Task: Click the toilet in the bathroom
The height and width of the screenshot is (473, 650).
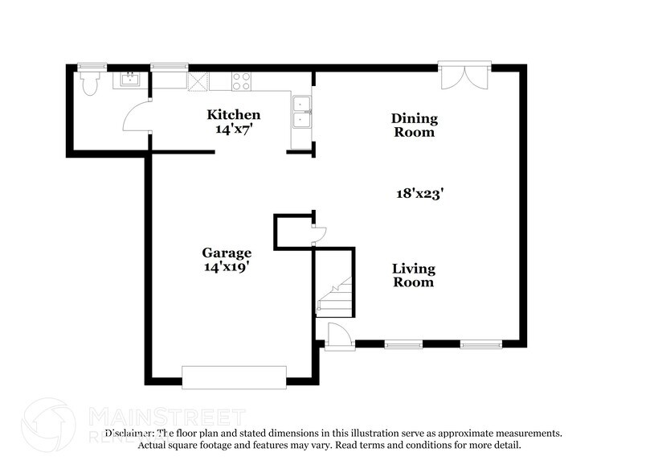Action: tap(88, 83)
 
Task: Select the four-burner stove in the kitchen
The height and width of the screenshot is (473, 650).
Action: tap(241, 80)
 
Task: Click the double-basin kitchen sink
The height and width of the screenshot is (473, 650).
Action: tap(302, 112)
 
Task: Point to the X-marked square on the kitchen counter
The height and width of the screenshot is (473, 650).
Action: tap(198, 80)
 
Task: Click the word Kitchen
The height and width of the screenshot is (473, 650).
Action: tap(234, 115)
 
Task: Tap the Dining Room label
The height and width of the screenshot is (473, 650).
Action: tap(414, 125)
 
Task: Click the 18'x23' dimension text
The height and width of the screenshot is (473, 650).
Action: tap(420, 193)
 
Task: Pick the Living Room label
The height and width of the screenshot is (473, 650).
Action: tap(413, 275)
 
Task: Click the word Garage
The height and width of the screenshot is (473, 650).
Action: tap(227, 253)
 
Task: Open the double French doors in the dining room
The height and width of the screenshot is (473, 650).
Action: tap(464, 76)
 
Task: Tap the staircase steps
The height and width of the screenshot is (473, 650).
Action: tap(333, 294)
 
